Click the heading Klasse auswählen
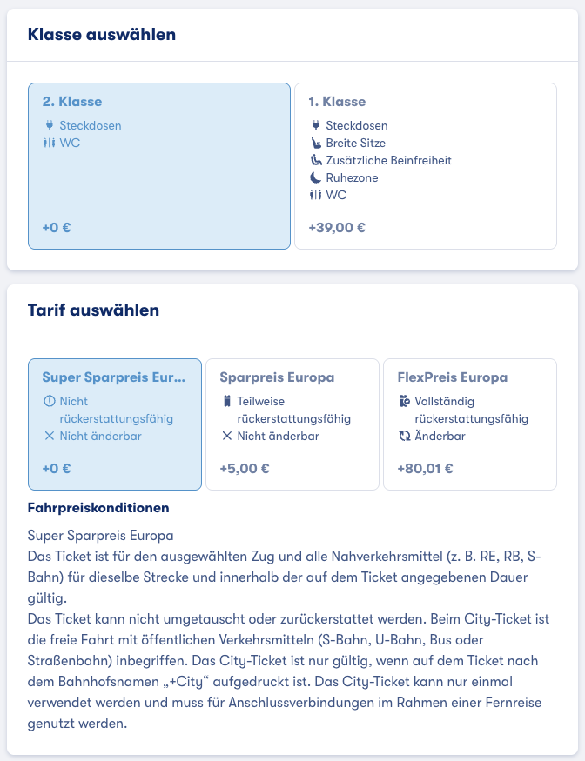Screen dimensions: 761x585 pos(102,35)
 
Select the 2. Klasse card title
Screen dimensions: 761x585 pos(72,102)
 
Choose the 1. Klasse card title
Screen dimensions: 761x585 pos(337,102)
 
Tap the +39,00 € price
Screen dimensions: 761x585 pos(337,228)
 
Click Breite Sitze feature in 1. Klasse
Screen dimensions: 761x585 pos(355,143)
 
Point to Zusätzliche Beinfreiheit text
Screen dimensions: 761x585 pos(388,160)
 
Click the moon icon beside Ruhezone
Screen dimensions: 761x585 pos(316,177)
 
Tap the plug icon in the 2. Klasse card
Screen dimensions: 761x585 pos(49,125)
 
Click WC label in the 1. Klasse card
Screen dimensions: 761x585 pos(336,195)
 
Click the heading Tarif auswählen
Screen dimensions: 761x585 pos(93,310)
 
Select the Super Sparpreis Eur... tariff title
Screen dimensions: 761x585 pos(114,377)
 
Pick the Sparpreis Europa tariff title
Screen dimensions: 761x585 pos(277,377)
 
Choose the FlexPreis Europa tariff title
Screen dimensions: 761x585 pos(452,377)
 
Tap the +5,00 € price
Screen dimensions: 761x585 pos(245,468)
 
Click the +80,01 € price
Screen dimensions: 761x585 pos(426,468)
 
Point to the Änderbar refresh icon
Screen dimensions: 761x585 pos(404,436)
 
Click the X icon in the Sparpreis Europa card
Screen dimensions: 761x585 pos(226,436)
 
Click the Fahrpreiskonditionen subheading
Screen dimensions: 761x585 pos(98,507)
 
